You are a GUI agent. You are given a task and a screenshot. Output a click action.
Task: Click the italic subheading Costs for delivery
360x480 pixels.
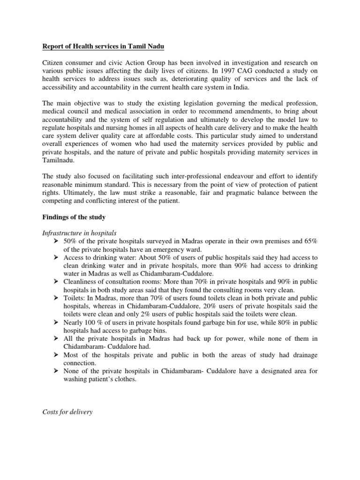[x=67, y=412]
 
